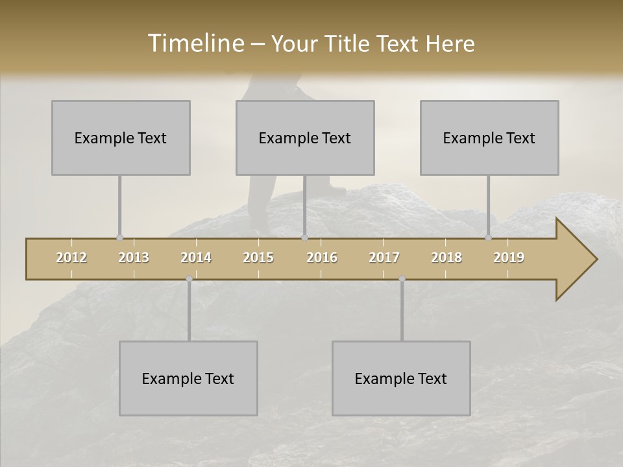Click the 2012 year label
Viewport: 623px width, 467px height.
[71, 257]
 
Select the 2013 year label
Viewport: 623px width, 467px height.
[134, 257]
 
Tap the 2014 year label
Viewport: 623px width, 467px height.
[196, 257]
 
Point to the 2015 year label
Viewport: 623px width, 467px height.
[258, 257]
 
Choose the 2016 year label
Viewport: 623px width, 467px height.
[321, 257]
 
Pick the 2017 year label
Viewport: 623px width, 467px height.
[384, 257]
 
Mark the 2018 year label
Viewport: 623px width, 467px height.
[446, 257]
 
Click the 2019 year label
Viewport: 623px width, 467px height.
[509, 257]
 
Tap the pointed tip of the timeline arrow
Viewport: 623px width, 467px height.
[595, 259]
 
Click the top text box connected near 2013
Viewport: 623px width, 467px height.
[121, 138]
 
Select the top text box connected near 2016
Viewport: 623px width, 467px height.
[305, 138]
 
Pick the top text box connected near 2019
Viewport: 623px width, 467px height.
[489, 138]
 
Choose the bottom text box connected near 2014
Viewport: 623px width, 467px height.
[188, 378]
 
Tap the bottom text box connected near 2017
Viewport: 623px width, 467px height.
[401, 378]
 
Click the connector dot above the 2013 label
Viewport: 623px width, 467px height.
[119, 238]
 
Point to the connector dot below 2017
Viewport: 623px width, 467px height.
[402, 279]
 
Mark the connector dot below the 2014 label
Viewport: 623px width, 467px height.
[189, 279]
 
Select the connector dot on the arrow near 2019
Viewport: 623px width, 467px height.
[489, 238]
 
